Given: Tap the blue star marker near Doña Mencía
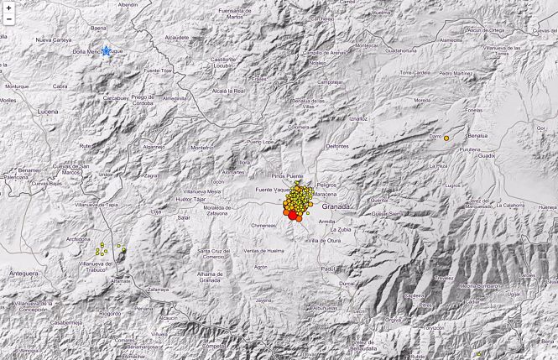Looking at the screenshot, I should click(107, 50).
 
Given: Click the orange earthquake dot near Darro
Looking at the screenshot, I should click(446, 138).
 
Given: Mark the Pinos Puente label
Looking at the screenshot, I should click(288, 176).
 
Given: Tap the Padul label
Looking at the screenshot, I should click(328, 269).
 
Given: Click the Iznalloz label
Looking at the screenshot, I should click(359, 119).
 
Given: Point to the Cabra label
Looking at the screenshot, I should click(60, 86).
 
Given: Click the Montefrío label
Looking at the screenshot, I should click(203, 148).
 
